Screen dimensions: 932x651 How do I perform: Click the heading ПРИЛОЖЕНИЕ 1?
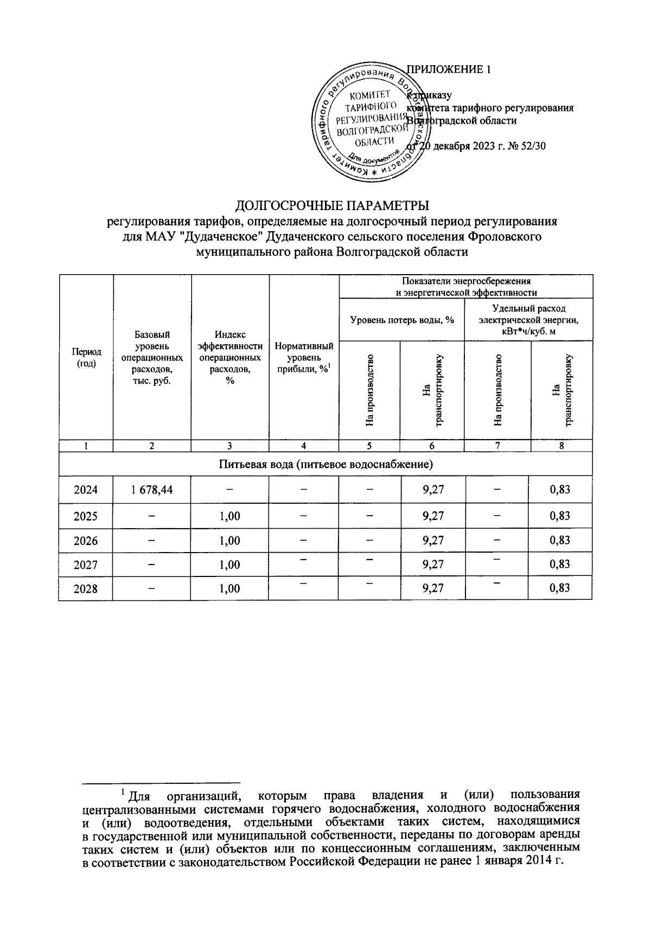449,69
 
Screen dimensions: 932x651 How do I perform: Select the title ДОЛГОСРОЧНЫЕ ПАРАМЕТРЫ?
332,205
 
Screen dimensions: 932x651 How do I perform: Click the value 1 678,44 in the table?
152,490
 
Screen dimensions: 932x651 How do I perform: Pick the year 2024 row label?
86,490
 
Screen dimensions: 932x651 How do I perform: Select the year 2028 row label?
86,588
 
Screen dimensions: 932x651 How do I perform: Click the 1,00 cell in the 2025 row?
230,516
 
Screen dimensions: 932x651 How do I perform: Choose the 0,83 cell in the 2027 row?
560,564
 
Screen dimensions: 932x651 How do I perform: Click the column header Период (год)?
86,358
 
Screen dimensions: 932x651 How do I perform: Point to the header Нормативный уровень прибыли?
304,358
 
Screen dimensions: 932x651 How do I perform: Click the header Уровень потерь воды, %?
402,320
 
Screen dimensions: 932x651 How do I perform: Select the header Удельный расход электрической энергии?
528,320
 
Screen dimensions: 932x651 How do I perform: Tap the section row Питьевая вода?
325,465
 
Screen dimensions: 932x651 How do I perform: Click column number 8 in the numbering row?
561,446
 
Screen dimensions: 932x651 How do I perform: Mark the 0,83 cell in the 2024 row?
560,490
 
